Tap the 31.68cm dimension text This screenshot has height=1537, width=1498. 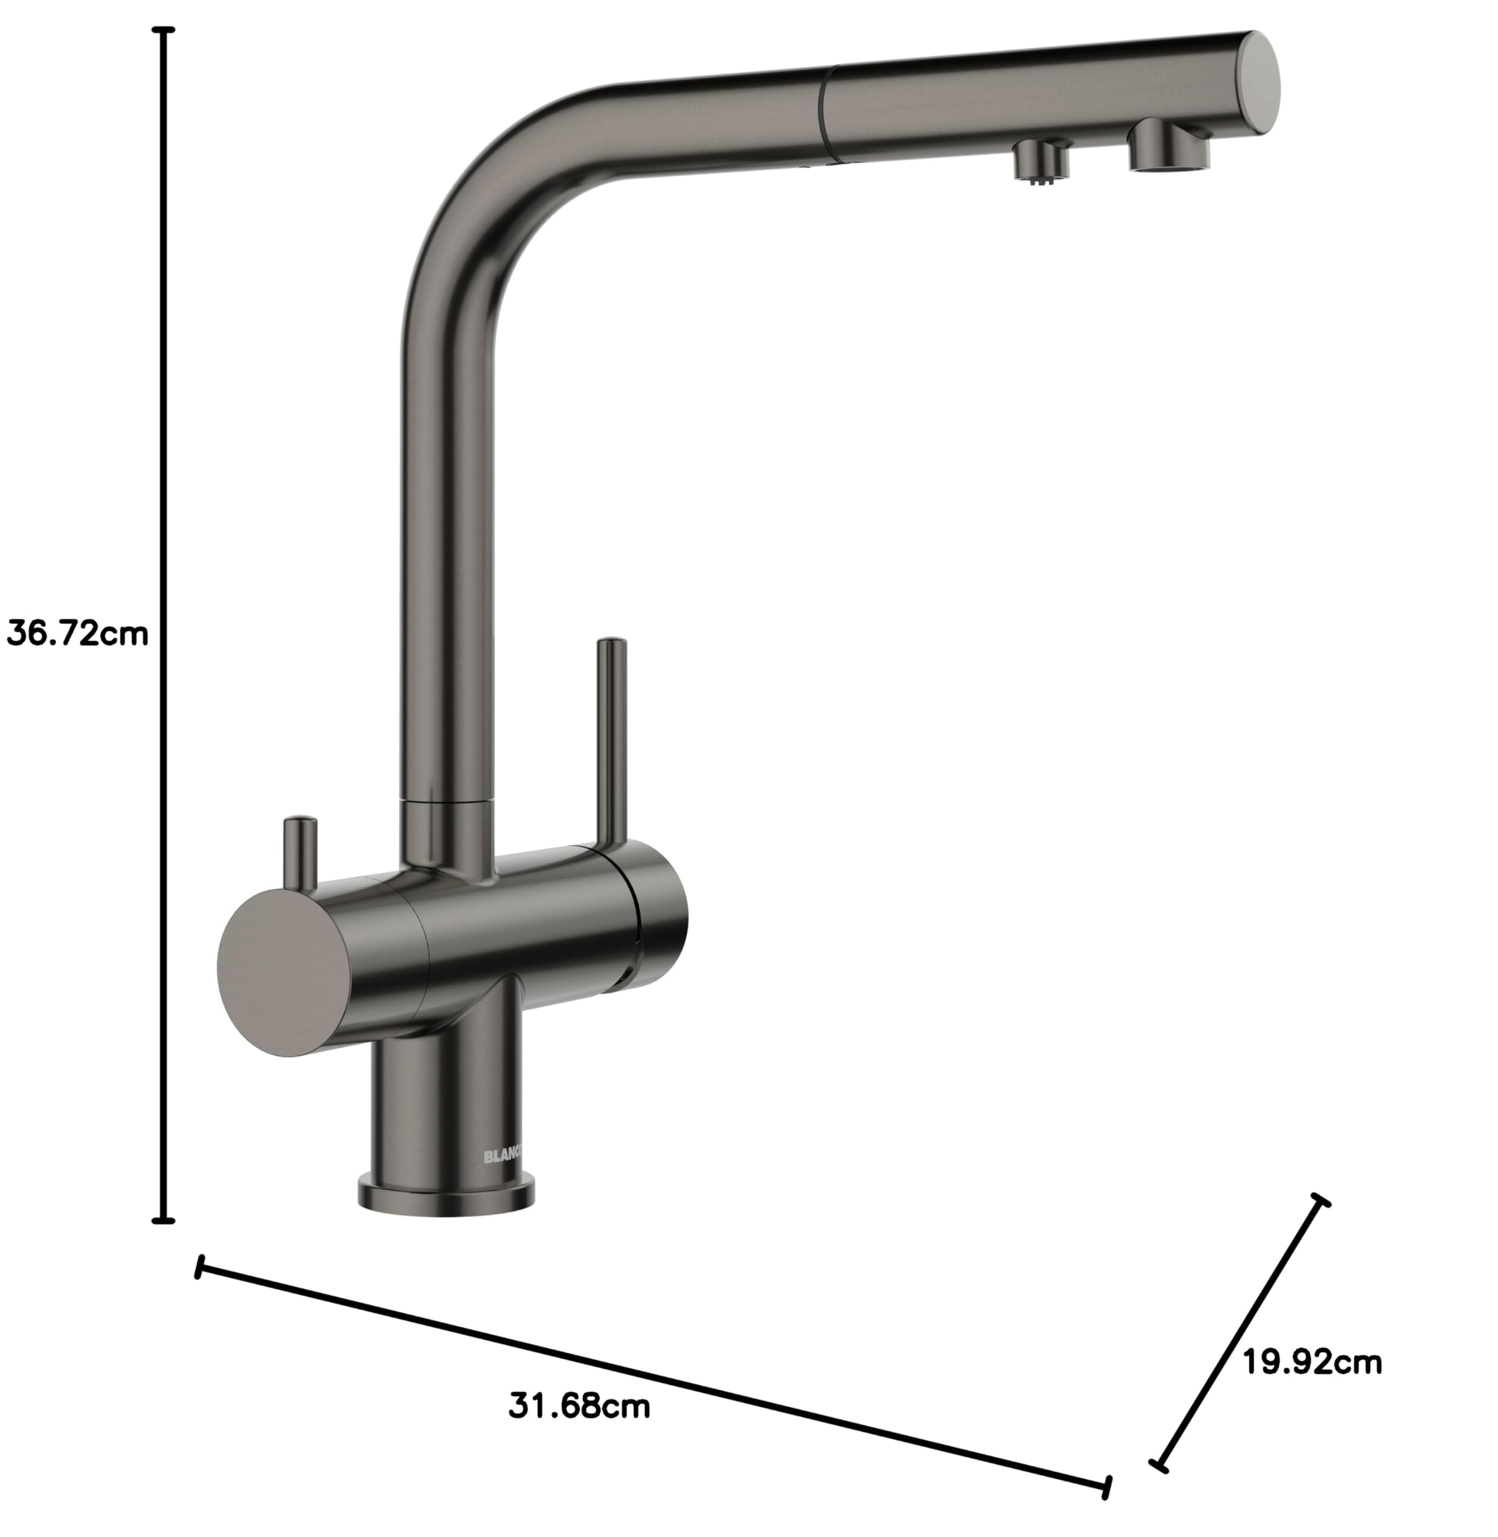click(x=580, y=1405)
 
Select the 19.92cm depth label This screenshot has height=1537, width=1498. click(x=1312, y=1362)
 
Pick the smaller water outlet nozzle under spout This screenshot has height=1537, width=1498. click(x=1041, y=160)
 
